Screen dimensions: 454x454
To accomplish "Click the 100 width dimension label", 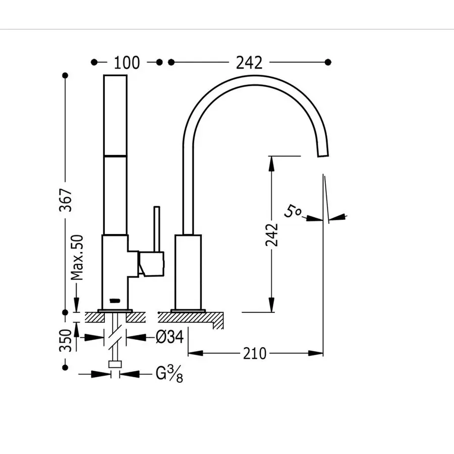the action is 127,63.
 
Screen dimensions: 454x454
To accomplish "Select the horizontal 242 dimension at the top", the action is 249,63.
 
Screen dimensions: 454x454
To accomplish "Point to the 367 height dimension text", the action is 66,200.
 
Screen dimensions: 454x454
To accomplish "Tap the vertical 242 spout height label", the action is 271,235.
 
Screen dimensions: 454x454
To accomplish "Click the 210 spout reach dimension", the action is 255,353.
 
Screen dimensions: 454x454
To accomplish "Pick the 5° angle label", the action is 293,211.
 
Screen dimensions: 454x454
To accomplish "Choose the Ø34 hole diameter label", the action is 169,337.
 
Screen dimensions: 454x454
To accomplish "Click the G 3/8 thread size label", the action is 169,374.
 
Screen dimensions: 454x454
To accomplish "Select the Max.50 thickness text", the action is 77,257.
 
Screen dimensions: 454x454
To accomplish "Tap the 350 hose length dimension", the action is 66,340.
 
